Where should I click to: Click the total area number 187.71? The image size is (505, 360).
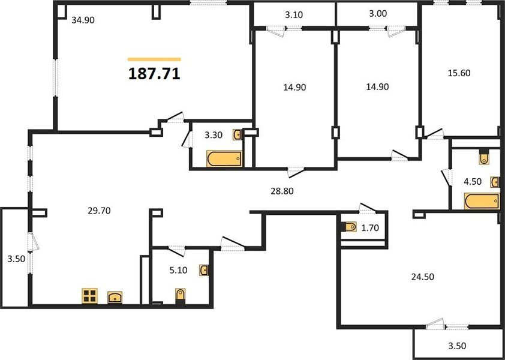pyautogui.click(x=154, y=74)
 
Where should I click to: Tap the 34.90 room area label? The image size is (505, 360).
pyautogui.click(x=83, y=20)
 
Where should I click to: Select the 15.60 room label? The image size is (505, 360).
pyautogui.click(x=459, y=73)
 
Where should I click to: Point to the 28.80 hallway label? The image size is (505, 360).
pyautogui.click(x=282, y=191)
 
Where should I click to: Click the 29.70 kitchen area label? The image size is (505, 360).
pyautogui.click(x=99, y=211)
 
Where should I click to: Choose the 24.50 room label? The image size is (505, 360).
pyautogui.click(x=423, y=277)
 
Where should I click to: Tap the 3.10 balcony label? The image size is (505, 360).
pyautogui.click(x=294, y=15)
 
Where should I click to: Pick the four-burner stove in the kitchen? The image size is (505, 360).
pyautogui.click(x=89, y=296)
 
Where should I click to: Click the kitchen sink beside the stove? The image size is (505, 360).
pyautogui.click(x=115, y=297)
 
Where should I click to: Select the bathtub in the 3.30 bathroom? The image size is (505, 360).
pyautogui.click(x=224, y=159)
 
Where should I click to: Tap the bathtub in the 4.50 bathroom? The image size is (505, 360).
pyautogui.click(x=482, y=201)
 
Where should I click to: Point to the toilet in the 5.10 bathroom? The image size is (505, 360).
pyautogui.click(x=181, y=296)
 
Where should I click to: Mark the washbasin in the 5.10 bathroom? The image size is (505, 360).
pyautogui.click(x=203, y=270)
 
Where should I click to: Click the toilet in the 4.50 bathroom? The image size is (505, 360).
pyautogui.click(x=484, y=157)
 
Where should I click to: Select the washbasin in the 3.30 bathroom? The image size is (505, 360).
pyautogui.click(x=238, y=134)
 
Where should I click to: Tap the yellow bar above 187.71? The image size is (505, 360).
pyautogui.click(x=154, y=59)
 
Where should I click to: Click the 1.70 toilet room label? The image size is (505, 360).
pyautogui.click(x=371, y=228)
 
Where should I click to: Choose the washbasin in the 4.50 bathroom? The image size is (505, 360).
pyautogui.click(x=495, y=182)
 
